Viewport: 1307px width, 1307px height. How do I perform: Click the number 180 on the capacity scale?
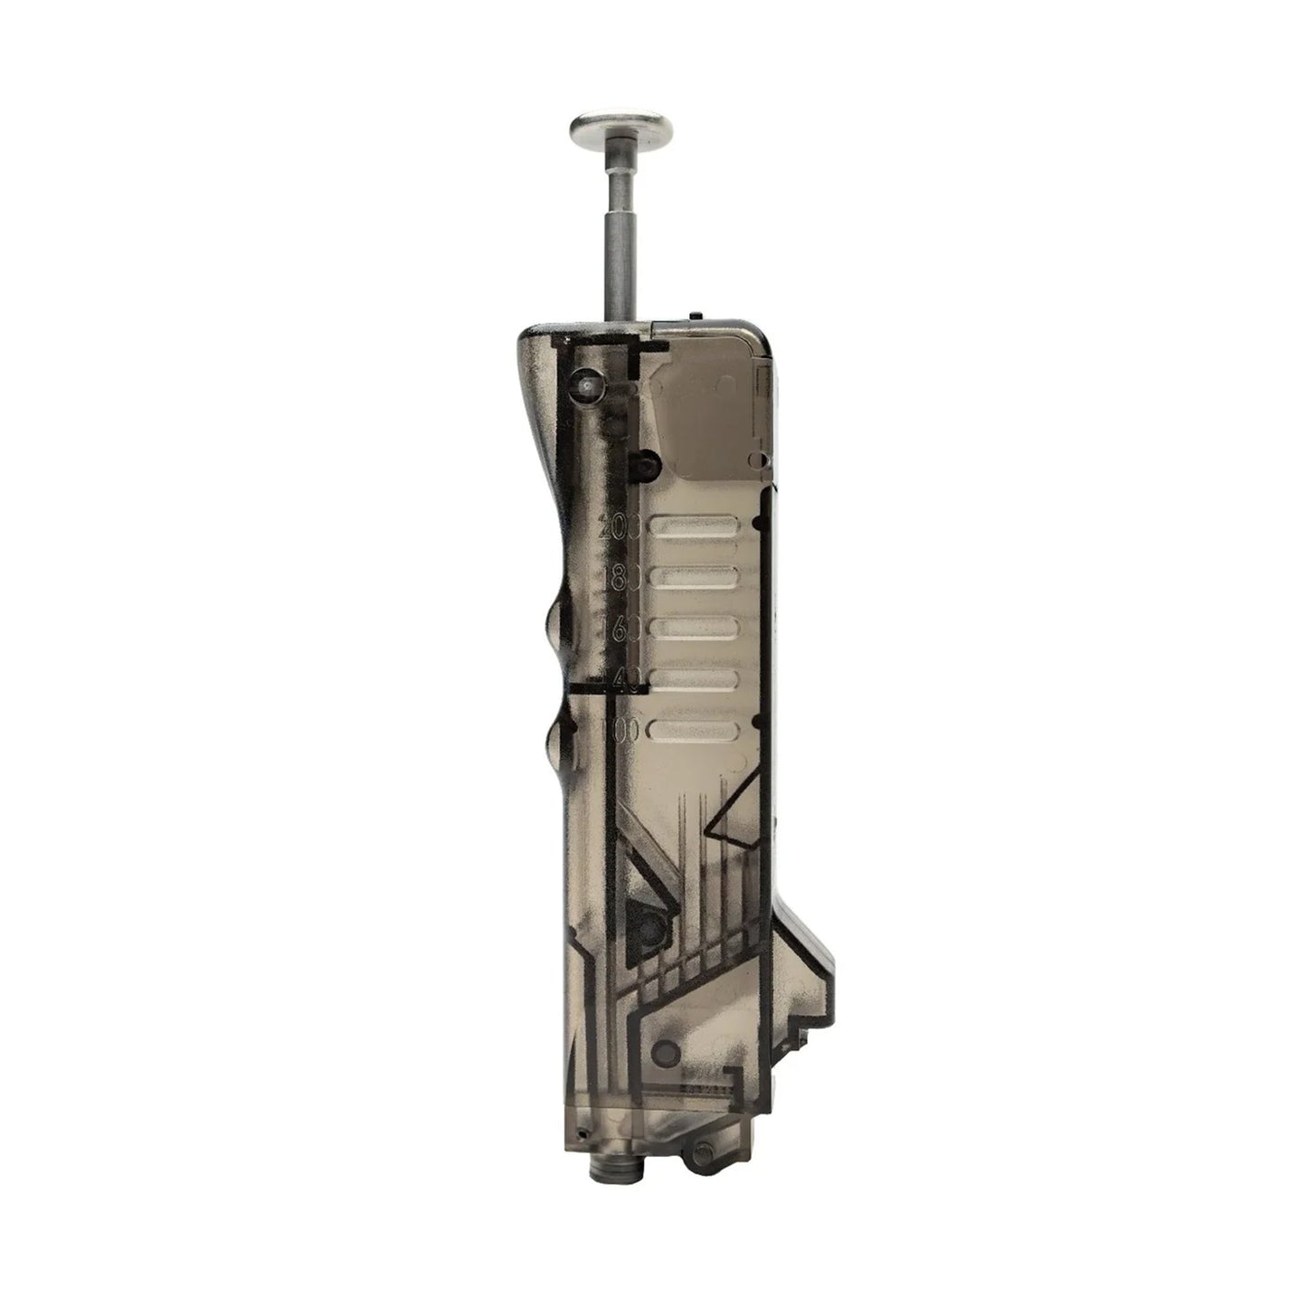tap(621, 576)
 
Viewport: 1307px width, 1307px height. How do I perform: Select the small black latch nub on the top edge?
tap(693, 317)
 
